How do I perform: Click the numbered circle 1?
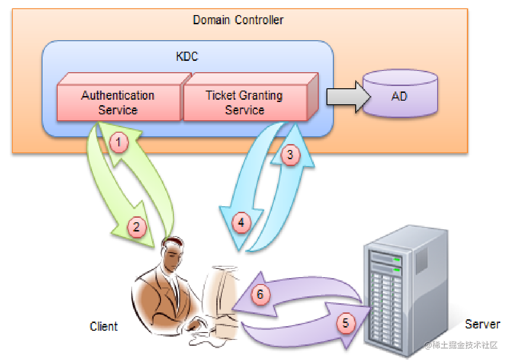tap(119, 143)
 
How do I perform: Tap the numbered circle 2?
tap(136, 226)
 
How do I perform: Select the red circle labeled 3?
tap(290, 155)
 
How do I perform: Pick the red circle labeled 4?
tap(241, 223)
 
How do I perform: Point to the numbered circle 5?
tap(346, 323)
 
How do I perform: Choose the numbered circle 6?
tap(260, 294)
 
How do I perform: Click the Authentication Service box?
tap(118, 103)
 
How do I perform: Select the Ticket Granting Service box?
tap(245, 103)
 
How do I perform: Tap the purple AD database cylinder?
tap(400, 97)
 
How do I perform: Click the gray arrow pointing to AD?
tap(343, 97)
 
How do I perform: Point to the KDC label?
tap(187, 57)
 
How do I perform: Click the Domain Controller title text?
tap(238, 20)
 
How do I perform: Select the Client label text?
tap(104, 326)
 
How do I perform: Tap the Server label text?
tap(482, 324)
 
